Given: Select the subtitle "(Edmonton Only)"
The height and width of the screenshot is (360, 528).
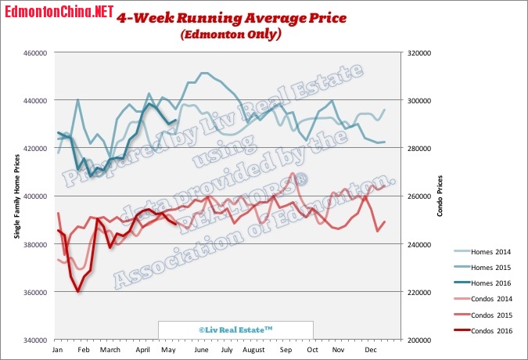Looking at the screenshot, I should pyautogui.click(x=230, y=35).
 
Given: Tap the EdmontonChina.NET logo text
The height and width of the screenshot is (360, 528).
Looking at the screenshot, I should pyautogui.click(x=57, y=13).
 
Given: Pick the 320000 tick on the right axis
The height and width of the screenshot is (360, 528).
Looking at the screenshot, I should pyautogui.click(x=415, y=52).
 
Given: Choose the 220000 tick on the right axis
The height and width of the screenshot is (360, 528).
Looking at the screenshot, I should pyautogui.click(x=415, y=292).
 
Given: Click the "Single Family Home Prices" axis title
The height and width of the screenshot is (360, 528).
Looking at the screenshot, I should pyautogui.click(x=17, y=196).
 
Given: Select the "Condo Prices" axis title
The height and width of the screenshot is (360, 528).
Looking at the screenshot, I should pyautogui.click(x=440, y=196).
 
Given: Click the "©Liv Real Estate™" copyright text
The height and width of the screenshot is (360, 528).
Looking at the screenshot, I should pyautogui.click(x=235, y=330).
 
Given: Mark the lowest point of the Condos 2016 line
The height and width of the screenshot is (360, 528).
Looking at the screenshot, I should pyautogui.click(x=77, y=291).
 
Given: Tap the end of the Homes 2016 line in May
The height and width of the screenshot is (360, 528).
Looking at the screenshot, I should pyautogui.click(x=176, y=120).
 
